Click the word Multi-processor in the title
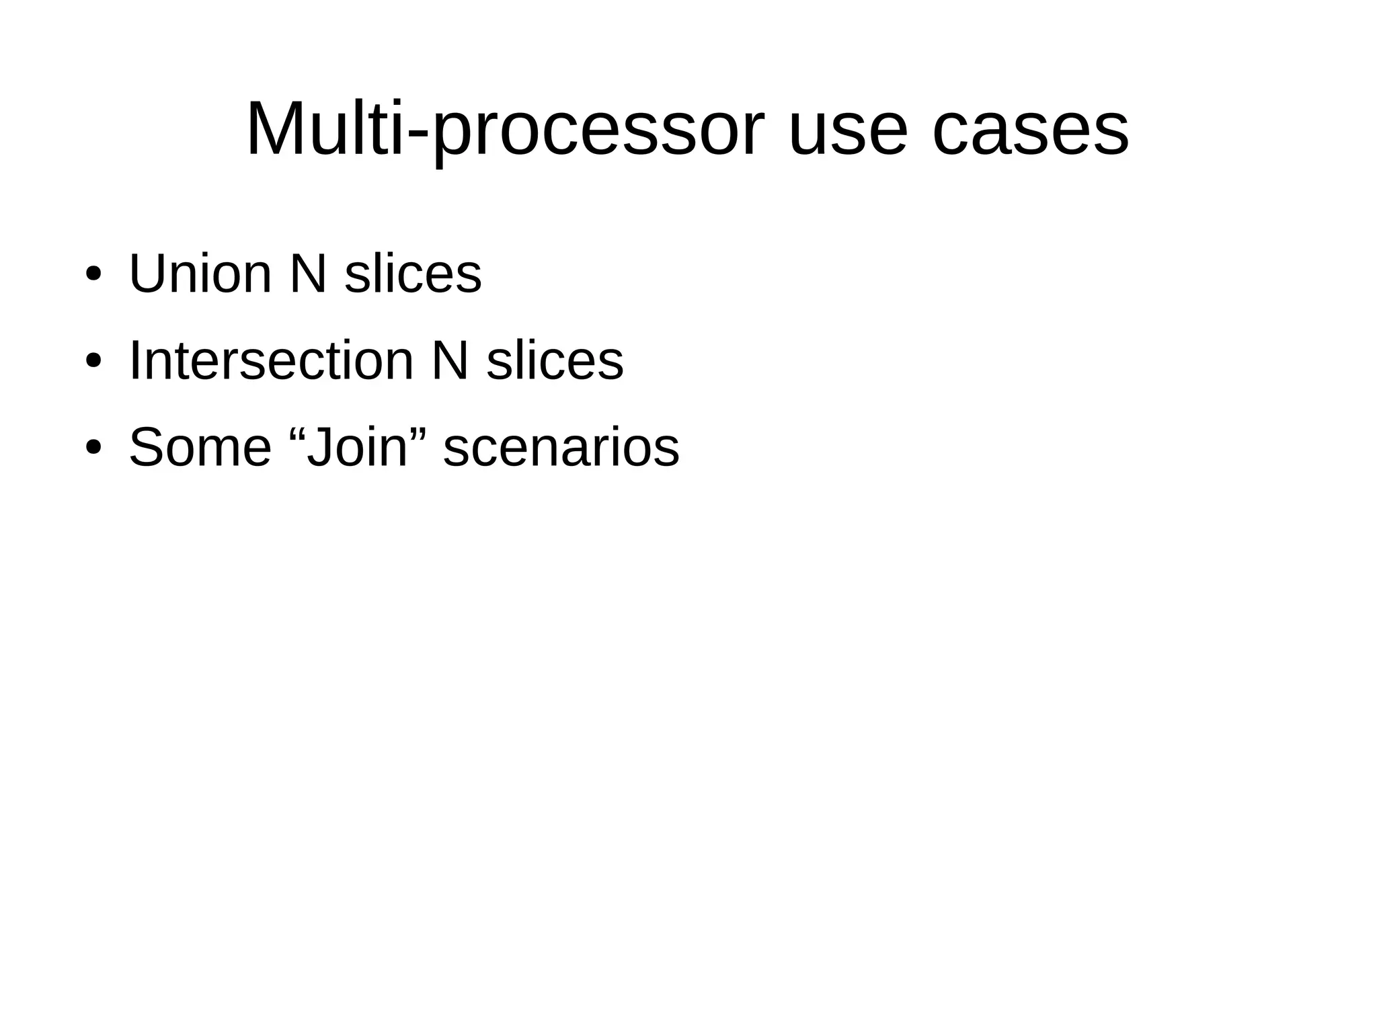click(x=506, y=129)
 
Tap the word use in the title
click(x=849, y=129)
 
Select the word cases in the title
click(x=1030, y=129)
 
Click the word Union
click(x=200, y=274)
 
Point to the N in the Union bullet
click(x=308, y=274)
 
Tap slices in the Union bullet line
click(x=413, y=274)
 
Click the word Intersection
click(x=271, y=361)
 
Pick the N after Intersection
click(x=449, y=361)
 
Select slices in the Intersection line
click(x=555, y=361)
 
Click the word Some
click(x=200, y=448)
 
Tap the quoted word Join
click(x=357, y=448)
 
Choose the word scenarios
click(x=561, y=448)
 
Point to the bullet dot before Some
click(x=93, y=448)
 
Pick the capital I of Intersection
click(x=134, y=361)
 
